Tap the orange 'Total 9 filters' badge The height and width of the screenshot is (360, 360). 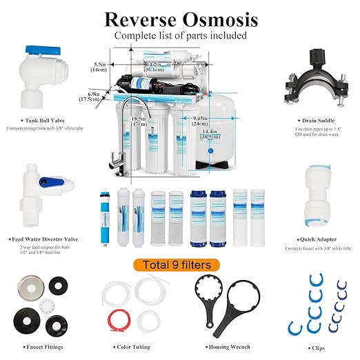(181, 265)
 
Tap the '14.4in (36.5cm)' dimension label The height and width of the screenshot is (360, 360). (211, 133)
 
